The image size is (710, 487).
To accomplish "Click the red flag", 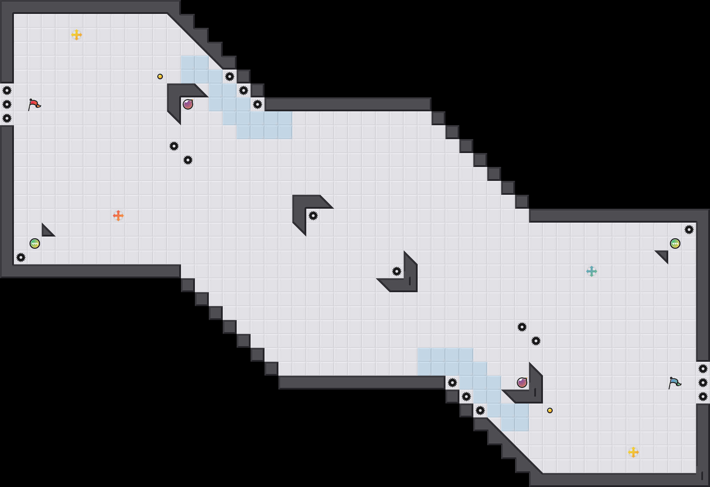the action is pyautogui.click(x=34, y=104).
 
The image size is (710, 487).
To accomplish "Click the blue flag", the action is pyautogui.click(x=674, y=383).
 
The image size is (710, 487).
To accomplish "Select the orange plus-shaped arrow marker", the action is pyautogui.click(x=118, y=216).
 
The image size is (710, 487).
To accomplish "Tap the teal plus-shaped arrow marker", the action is pyautogui.click(x=592, y=271).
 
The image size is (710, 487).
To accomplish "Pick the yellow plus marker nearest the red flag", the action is pyautogui.click(x=77, y=35).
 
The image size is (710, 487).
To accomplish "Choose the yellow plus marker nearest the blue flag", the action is pyautogui.click(x=633, y=452).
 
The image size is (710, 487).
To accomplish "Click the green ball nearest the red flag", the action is pyautogui.click(x=35, y=243).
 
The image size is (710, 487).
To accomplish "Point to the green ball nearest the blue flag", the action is pyautogui.click(x=675, y=243).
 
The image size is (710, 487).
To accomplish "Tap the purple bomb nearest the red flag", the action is pyautogui.click(x=188, y=104).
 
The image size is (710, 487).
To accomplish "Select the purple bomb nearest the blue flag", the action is pyautogui.click(x=522, y=383).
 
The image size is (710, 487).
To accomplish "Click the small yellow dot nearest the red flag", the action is pyautogui.click(x=160, y=77).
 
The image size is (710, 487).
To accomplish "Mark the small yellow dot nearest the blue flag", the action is pyautogui.click(x=550, y=410).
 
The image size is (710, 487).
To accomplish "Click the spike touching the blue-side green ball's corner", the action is pyautogui.click(x=689, y=230).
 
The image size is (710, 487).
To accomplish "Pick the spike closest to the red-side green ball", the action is pyautogui.click(x=21, y=257).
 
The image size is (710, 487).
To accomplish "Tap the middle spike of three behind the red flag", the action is pyautogui.click(x=7, y=104).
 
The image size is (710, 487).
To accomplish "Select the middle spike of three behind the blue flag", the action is pyautogui.click(x=703, y=383).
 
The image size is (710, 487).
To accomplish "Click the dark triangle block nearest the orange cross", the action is pyautogui.click(x=47, y=231).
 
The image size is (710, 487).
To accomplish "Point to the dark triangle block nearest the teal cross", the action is pyautogui.click(x=663, y=256).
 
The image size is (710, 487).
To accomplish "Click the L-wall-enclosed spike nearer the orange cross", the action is pyautogui.click(x=313, y=216).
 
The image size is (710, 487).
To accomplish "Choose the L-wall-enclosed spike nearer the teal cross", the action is pyautogui.click(x=397, y=271).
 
